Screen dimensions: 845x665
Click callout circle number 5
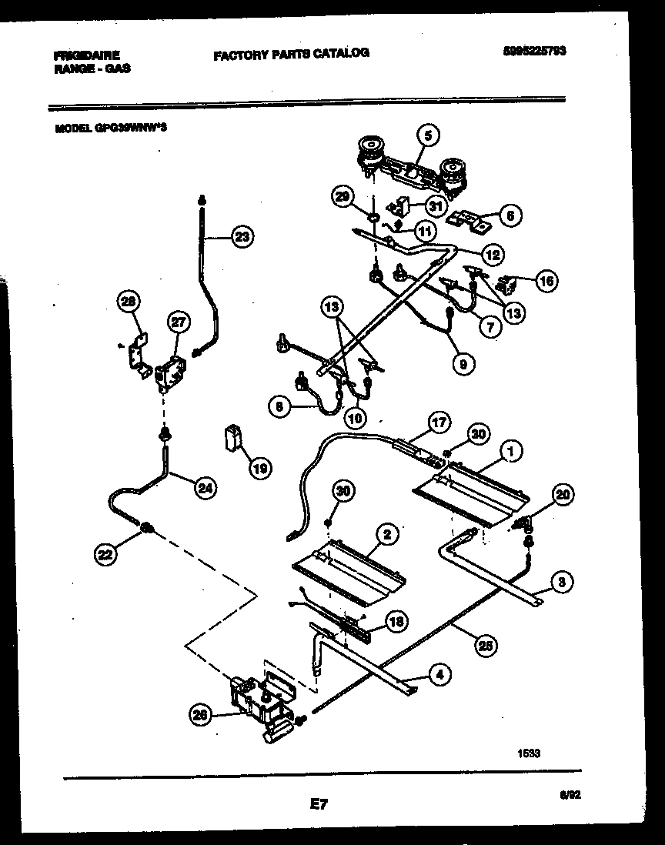[x=429, y=135]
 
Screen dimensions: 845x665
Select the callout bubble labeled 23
[x=242, y=237]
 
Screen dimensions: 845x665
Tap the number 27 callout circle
[x=179, y=323]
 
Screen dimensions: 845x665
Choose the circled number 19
[x=261, y=467]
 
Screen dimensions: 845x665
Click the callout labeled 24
[x=205, y=486]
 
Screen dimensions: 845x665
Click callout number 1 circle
[x=508, y=452]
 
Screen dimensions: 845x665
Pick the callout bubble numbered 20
[x=563, y=496]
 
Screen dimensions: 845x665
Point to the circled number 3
[x=563, y=583]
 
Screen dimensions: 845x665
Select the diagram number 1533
[x=529, y=754]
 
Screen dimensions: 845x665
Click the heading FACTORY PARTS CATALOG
[x=291, y=53]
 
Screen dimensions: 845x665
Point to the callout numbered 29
[x=342, y=197]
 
